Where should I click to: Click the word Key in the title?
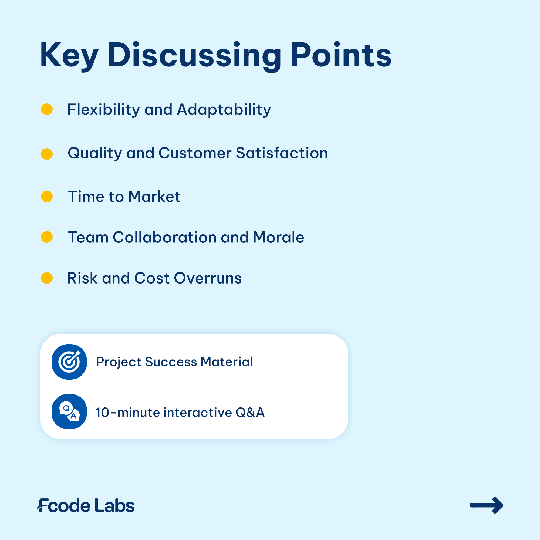[69, 56]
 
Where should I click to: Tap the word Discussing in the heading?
[194, 56]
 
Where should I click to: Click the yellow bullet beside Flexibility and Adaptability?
[47, 109]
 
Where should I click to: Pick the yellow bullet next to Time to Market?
[47, 196]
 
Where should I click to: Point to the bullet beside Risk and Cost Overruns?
[47, 278]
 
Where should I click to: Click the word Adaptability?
[224, 110]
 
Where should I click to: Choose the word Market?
[154, 197]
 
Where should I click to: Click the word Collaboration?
[165, 237]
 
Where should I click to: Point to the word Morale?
[278, 237]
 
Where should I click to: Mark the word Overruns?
[208, 278]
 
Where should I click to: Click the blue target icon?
[69, 362]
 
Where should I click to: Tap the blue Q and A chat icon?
[69, 411]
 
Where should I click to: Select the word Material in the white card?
[227, 362]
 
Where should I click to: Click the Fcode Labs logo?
[86, 505]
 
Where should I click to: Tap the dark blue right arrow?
[486, 505]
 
